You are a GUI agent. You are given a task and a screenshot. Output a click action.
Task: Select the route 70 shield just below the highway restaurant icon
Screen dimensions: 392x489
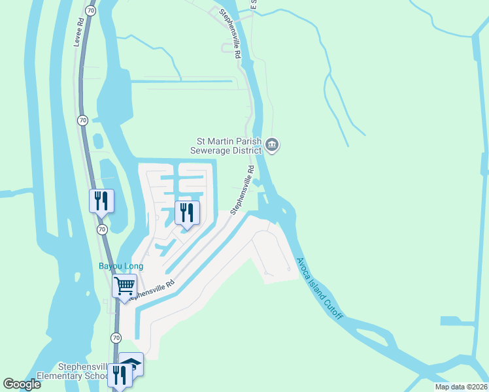coord(102,229)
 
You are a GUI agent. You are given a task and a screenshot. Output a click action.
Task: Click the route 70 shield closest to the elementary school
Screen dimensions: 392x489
coord(116,338)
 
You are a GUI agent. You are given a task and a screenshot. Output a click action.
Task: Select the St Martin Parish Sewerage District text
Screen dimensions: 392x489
coord(229,145)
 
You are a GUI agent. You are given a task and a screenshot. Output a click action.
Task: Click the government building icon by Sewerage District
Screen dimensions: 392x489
coord(273,145)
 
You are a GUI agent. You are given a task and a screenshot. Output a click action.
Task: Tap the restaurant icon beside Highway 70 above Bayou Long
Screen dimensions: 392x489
coord(101,200)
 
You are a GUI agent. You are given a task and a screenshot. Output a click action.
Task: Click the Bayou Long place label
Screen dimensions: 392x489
coord(120,266)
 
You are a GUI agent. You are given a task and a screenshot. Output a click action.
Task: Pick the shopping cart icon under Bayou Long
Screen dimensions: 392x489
coord(124,286)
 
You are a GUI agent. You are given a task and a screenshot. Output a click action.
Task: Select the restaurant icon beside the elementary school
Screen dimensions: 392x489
coord(120,375)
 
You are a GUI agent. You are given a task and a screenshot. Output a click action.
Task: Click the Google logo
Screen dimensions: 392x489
coord(22,384)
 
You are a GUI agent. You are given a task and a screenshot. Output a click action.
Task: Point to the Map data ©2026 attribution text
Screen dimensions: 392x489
coord(460,387)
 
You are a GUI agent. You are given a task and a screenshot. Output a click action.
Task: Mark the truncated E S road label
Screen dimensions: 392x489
coord(254,5)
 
